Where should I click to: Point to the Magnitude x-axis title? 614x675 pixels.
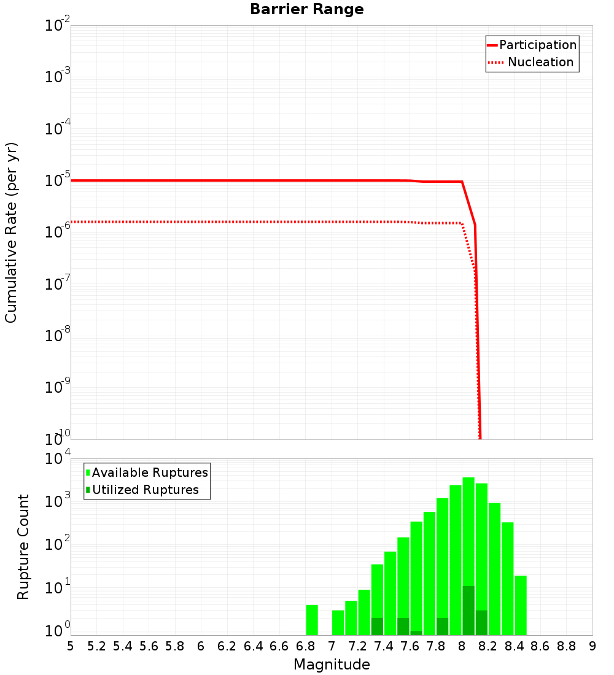click(332, 665)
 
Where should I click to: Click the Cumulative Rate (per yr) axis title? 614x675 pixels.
click(11, 233)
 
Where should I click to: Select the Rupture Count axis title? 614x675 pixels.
click(23, 547)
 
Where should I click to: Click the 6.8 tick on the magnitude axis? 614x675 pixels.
click(305, 646)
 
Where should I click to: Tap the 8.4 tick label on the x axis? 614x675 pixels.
click(514, 646)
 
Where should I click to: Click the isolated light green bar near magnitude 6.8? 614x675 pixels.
click(312, 620)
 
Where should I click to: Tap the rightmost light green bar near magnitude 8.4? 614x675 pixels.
click(521, 605)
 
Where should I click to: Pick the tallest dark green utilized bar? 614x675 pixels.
click(468, 611)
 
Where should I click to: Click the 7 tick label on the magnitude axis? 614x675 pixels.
click(332, 646)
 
